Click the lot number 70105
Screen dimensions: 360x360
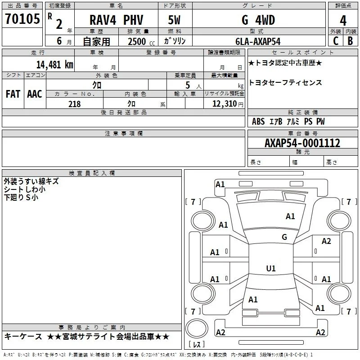click(22, 18)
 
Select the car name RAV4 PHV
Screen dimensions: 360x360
click(116, 20)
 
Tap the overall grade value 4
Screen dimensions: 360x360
click(343, 20)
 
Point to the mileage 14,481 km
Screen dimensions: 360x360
click(54, 64)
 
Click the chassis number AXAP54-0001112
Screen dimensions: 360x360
click(302, 143)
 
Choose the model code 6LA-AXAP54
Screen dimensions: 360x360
click(258, 41)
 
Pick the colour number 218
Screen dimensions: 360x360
click(74, 104)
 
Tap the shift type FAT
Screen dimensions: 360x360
click(13, 94)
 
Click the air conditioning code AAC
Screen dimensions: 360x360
click(35, 94)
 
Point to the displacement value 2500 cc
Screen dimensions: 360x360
click(141, 41)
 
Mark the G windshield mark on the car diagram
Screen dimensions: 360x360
click(284, 237)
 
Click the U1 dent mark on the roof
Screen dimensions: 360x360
click(271, 268)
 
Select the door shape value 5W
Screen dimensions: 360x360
click(174, 20)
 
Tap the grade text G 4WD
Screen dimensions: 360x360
click(258, 20)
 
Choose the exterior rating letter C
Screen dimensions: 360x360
click(336, 41)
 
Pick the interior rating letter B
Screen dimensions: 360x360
click(351, 41)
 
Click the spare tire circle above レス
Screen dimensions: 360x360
click(197, 328)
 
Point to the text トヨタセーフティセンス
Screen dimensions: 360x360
click(285, 82)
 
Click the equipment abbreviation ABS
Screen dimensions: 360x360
click(258, 121)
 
